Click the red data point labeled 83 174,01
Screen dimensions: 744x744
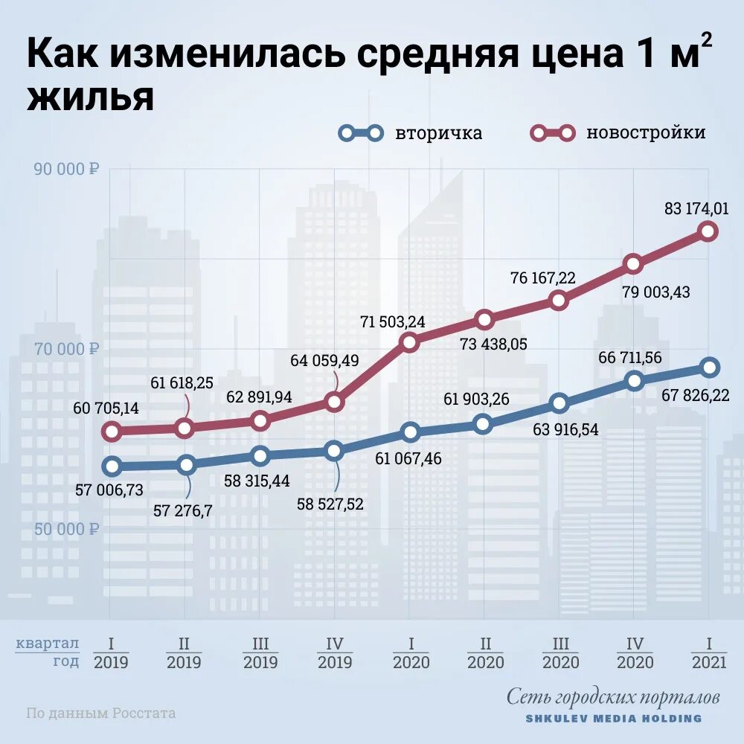[708, 231]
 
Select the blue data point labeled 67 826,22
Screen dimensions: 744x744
[709, 367]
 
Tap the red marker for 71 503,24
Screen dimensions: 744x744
[409, 341]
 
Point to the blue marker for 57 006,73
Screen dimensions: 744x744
[112, 466]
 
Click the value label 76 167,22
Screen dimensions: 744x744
[542, 278]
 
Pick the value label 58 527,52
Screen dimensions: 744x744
[330, 504]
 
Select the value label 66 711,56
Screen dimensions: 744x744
[630, 358]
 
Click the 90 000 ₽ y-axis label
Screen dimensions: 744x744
[66, 169]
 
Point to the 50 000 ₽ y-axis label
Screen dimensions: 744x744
[66, 529]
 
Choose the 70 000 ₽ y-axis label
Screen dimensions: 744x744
[66, 349]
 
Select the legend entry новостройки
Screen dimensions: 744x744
[645, 133]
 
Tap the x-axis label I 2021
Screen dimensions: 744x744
[709, 653]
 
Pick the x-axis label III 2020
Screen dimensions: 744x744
[559, 653]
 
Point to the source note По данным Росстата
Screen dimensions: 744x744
[101, 713]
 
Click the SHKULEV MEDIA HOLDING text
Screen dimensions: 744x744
[613, 719]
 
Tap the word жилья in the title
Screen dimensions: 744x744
[91, 99]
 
